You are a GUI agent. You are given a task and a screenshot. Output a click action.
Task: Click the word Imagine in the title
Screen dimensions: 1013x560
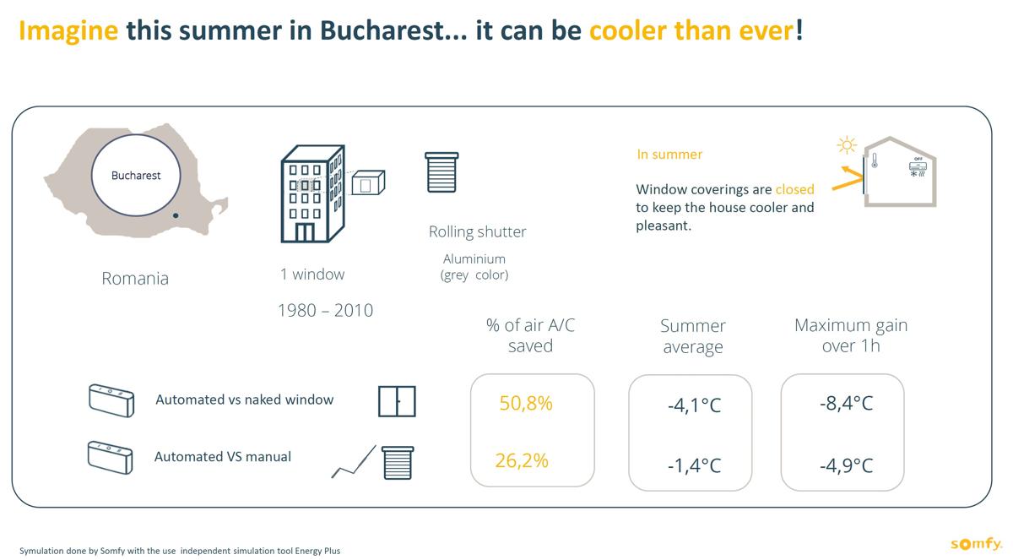click(x=68, y=31)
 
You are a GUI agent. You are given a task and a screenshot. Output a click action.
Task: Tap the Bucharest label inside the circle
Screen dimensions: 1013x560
click(x=136, y=176)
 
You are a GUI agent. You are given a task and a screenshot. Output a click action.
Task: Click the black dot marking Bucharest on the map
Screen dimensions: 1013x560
click(x=176, y=215)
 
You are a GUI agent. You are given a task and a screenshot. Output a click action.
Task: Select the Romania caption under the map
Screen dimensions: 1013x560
click(x=135, y=278)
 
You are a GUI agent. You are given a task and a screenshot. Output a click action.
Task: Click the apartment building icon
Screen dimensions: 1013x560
click(x=313, y=193)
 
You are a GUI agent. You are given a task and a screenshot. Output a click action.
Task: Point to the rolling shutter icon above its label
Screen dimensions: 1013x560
click(x=441, y=172)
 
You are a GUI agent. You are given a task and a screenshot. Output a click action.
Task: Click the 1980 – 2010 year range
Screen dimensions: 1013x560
click(x=325, y=310)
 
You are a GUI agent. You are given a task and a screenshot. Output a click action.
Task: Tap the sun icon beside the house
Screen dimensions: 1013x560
click(x=847, y=145)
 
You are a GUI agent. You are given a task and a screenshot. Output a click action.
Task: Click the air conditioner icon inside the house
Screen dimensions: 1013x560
click(x=918, y=167)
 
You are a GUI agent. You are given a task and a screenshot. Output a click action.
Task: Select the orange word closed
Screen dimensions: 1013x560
click(x=794, y=189)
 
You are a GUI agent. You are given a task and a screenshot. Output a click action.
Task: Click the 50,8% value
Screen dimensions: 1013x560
click(x=526, y=403)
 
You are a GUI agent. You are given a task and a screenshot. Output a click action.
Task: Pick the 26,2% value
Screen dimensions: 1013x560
click(x=522, y=460)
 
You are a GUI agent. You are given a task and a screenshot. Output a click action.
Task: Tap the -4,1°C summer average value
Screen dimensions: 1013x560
click(x=694, y=405)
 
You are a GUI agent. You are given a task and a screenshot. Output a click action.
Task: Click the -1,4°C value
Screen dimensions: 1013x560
click(x=694, y=465)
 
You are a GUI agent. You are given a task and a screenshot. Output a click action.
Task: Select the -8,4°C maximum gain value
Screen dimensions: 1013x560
click(x=846, y=403)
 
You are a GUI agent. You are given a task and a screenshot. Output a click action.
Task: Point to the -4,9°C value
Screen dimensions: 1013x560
click(x=846, y=465)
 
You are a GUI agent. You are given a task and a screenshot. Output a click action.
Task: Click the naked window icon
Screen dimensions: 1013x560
click(x=397, y=401)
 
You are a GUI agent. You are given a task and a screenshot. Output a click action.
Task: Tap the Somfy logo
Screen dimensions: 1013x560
click(x=977, y=543)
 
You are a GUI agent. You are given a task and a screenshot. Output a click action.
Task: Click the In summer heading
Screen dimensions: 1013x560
click(x=669, y=155)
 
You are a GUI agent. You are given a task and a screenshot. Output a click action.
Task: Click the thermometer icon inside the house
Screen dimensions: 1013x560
click(x=875, y=160)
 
